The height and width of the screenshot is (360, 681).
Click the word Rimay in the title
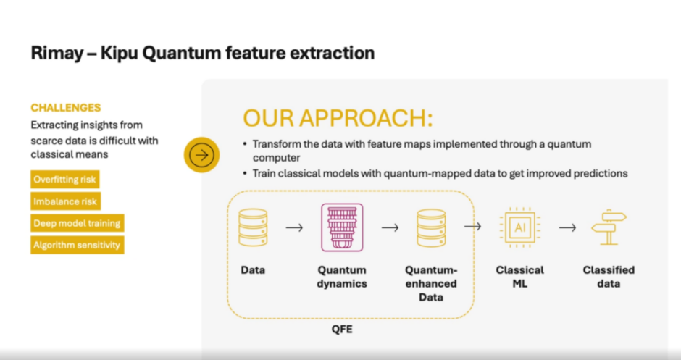pos(57,53)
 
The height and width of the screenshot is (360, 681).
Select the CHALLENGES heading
pos(66,108)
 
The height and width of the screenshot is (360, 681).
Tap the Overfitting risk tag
pos(64,180)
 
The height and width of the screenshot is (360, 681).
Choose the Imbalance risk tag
pos(65,201)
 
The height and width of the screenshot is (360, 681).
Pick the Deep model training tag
pos(78,223)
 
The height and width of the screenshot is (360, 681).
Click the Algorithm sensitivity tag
pos(78,245)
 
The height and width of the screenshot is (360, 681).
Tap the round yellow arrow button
pos(201,155)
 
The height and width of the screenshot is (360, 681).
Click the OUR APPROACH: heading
pos(338,117)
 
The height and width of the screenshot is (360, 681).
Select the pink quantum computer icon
pos(342,227)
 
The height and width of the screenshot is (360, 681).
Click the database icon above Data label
pos(253,227)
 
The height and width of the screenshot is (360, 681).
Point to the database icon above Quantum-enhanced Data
pos(431,227)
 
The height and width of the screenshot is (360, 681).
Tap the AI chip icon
pos(520,227)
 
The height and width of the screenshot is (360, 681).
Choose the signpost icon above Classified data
pos(609,227)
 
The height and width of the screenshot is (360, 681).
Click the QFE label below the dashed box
pos(342,329)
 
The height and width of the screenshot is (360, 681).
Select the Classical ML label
pos(520,277)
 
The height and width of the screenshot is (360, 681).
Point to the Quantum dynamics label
pos(342,277)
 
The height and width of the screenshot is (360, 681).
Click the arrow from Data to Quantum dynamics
pos(294,227)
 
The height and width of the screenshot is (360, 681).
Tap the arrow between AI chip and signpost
pos(567,227)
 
